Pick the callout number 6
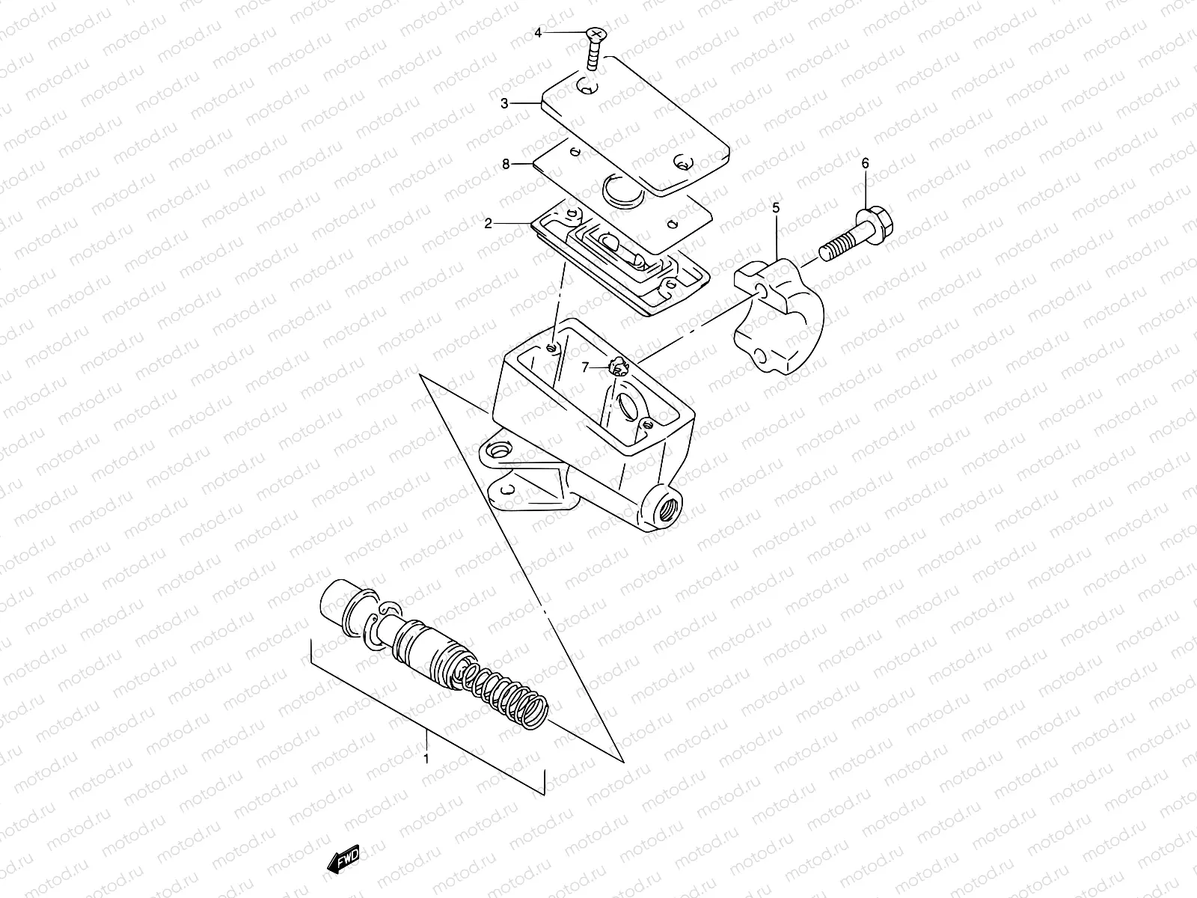(866, 163)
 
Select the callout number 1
(426, 758)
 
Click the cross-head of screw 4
(596, 35)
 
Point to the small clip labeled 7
(618, 367)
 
